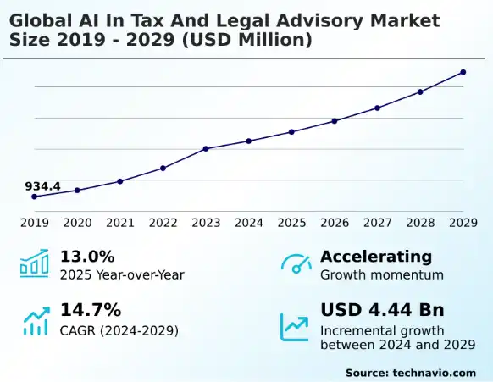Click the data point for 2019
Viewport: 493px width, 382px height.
pyautogui.click(x=35, y=197)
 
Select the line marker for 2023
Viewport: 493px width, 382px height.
pyautogui.click(x=206, y=149)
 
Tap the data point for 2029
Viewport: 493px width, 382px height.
pyautogui.click(x=463, y=72)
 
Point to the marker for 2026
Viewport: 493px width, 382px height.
pyautogui.click(x=335, y=121)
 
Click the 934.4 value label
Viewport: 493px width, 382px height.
pyautogui.click(x=42, y=185)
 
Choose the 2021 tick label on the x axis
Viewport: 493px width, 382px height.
pyautogui.click(x=120, y=223)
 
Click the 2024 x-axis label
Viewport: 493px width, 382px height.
pyautogui.click(x=249, y=223)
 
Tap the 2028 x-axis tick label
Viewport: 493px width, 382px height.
pyautogui.click(x=420, y=223)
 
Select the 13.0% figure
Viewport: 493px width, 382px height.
pyautogui.click(x=87, y=257)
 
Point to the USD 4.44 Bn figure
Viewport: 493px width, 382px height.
pyautogui.click(x=382, y=309)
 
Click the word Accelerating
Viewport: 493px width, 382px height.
pyautogui.click(x=376, y=257)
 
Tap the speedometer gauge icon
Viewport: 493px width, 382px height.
pyautogui.click(x=296, y=264)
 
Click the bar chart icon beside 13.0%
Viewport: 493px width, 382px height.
pyautogui.click(x=35, y=263)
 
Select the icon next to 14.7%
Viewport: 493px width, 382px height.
pyautogui.click(x=36, y=321)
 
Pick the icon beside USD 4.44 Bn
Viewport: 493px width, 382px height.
pyautogui.click(x=295, y=324)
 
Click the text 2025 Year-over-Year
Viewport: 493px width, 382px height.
pyautogui.click(x=122, y=274)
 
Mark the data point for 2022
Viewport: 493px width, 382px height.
pyautogui.click(x=163, y=168)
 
